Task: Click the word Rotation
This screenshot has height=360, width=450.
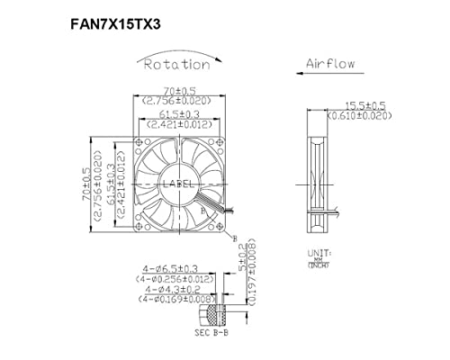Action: click(176, 64)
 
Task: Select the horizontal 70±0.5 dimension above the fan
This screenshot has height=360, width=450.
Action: click(176, 91)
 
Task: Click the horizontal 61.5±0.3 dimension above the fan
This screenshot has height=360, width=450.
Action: click(176, 115)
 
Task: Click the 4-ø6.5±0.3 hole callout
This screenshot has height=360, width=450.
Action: click(172, 268)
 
